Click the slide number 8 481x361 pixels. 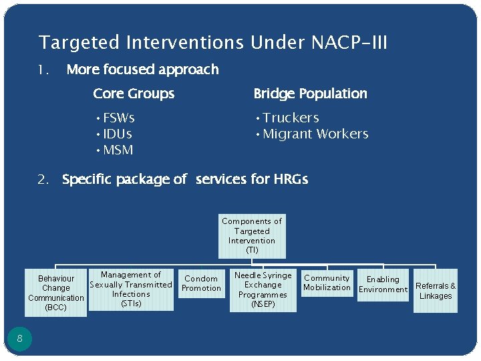pos(20,338)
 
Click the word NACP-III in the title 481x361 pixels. pos(349,43)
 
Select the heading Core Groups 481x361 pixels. pos(134,94)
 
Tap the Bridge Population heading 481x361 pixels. pos(310,94)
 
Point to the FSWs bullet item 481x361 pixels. pos(118,118)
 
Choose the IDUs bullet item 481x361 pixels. pos(117,134)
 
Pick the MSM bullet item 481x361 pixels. pos(118,150)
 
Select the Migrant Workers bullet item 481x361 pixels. pos(315,134)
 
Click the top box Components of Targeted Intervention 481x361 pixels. pos(252,236)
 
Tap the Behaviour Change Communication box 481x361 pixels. pos(56,293)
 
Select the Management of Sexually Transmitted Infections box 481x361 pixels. pos(131,289)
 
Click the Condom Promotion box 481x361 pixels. pos(201,283)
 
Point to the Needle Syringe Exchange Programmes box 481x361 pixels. pos(263,289)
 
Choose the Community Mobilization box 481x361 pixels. pos(327,283)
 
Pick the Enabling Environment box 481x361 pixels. pos(383,285)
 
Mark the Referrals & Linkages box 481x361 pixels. pos(436,291)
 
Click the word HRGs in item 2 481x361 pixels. pos(291,179)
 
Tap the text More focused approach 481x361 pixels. pos(142,70)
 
